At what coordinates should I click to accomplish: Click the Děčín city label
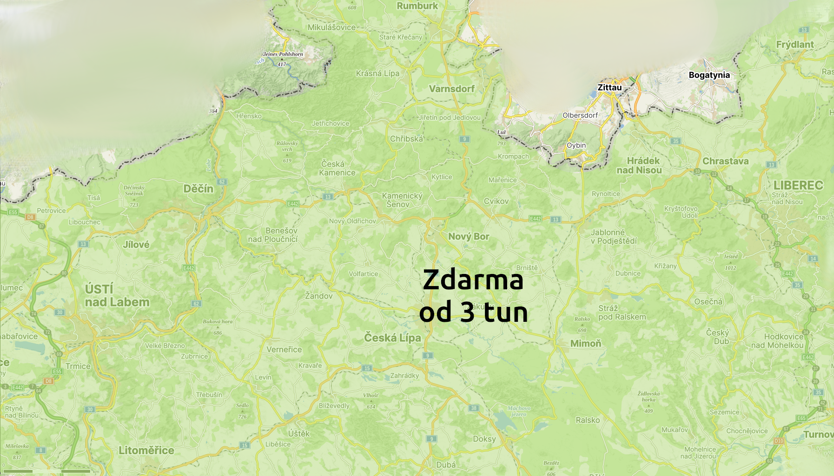(198, 189)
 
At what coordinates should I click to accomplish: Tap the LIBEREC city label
(798, 185)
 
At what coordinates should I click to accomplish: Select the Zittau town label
(609, 87)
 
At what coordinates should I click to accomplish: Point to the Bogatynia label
(709, 75)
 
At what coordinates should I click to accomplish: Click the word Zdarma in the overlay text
(473, 280)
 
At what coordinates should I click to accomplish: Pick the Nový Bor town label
(469, 236)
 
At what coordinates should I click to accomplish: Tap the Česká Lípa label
(392, 338)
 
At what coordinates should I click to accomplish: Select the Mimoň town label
(586, 343)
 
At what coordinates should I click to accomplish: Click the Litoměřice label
(146, 450)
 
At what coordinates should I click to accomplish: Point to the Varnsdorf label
(452, 89)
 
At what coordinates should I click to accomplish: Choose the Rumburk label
(417, 6)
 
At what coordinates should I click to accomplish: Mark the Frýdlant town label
(795, 45)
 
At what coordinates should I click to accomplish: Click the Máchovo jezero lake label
(518, 411)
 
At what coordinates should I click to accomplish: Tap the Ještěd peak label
(730, 257)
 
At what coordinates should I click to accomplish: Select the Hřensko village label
(249, 116)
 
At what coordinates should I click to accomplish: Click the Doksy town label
(484, 439)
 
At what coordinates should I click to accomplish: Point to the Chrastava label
(725, 161)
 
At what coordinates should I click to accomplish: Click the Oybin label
(576, 145)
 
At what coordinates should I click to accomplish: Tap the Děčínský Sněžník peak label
(134, 190)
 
